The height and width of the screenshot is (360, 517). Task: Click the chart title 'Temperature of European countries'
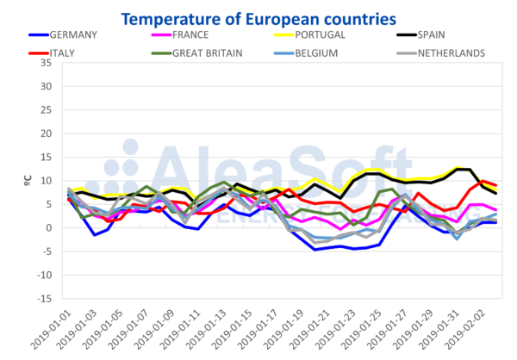[x=258, y=16]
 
